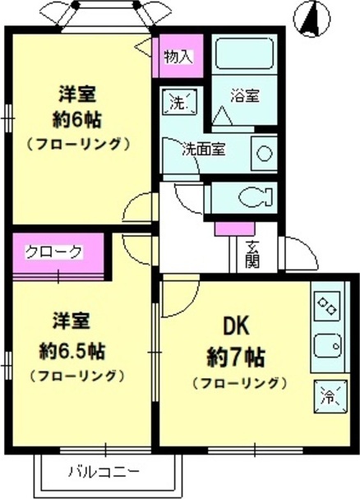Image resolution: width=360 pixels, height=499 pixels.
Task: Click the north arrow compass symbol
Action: coord(311,18)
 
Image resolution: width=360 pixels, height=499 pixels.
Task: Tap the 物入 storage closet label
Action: coord(177,57)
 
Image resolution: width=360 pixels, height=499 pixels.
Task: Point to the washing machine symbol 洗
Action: coord(178,104)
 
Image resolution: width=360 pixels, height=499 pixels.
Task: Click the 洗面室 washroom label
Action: coord(205,150)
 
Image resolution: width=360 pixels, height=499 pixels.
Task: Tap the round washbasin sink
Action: coord(263,152)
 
